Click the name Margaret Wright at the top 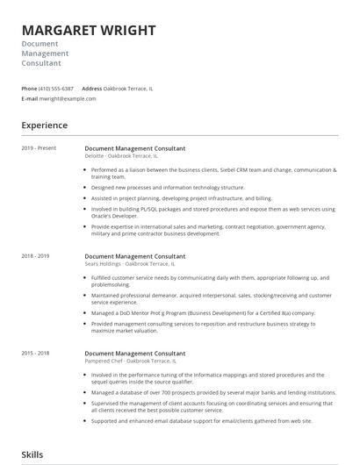click(89, 31)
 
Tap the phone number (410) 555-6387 click(57, 89)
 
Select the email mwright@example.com click(68, 99)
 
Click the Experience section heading click(45, 125)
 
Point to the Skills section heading click(32, 454)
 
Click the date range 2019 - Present click(40, 148)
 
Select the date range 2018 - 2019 click(36, 255)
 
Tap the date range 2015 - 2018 click(36, 354)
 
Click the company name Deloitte click(95, 155)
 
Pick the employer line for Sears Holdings click(129, 263)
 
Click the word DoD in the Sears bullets click(128, 313)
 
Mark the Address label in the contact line click(91, 89)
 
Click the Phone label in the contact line click(30, 89)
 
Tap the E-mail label click(30, 99)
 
